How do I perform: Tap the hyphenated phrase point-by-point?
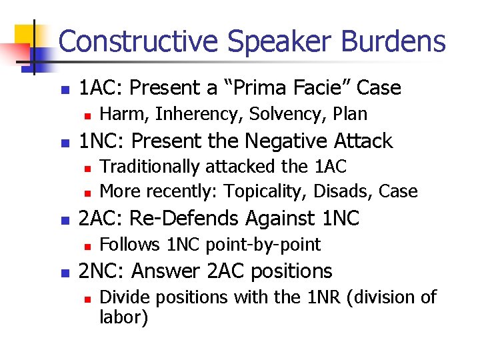264,245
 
